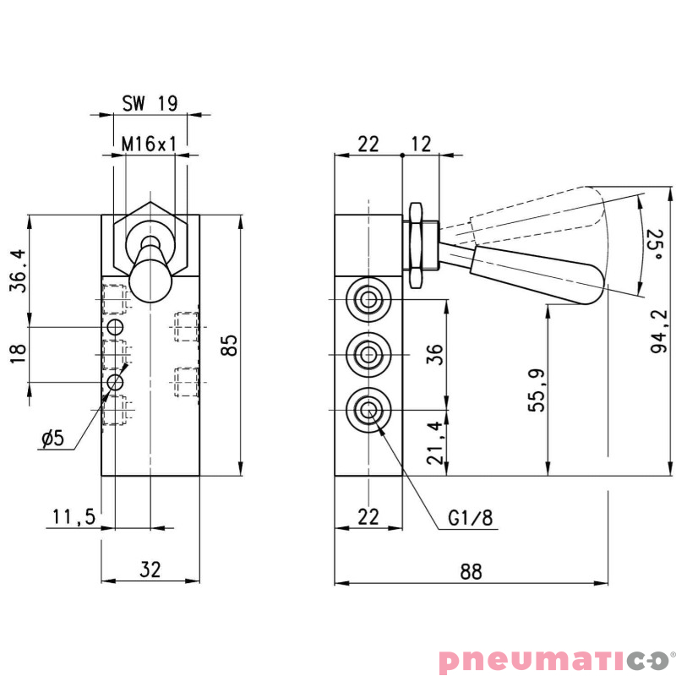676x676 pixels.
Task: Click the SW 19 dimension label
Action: [x=150, y=103]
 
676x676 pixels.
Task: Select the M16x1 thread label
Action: [x=150, y=144]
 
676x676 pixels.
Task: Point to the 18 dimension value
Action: [x=18, y=353]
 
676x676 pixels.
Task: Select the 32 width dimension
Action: [x=150, y=570]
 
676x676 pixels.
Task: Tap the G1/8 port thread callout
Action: [x=470, y=518]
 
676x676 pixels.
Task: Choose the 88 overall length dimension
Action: [x=471, y=571]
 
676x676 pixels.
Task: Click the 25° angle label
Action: [x=653, y=245]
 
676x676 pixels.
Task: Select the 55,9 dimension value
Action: [x=536, y=390]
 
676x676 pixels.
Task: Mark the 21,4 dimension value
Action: [x=433, y=443]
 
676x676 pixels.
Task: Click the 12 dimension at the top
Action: [x=422, y=144]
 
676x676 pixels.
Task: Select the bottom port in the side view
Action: [x=368, y=410]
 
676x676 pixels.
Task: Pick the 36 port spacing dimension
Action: [x=434, y=353]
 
